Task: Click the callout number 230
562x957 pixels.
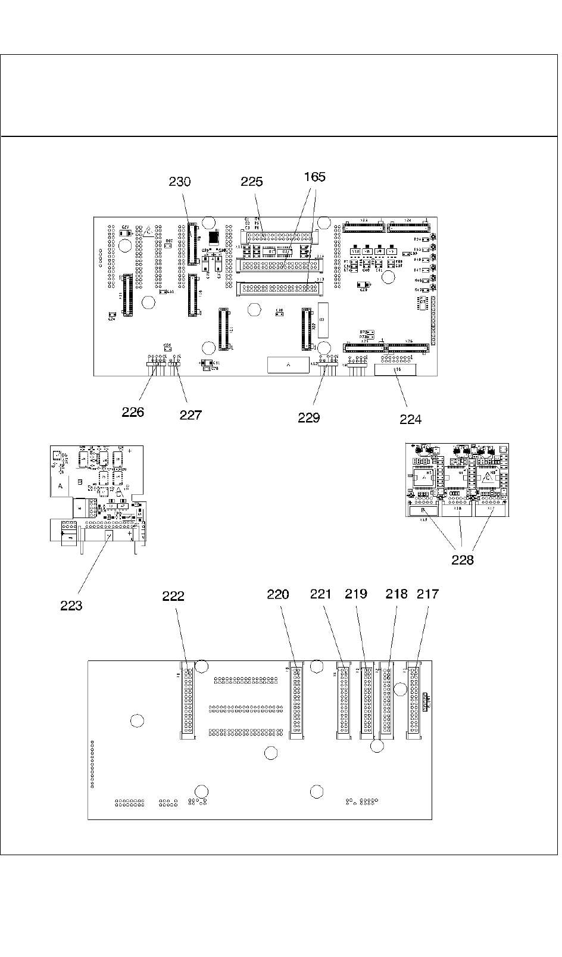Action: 180,182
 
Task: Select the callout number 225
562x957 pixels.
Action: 252,182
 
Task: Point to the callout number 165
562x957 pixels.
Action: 315,177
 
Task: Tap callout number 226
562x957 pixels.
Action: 133,412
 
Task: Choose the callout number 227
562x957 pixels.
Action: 191,415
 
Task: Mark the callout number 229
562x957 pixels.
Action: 309,417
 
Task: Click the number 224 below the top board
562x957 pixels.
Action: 410,419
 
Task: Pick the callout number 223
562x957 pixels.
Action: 71,606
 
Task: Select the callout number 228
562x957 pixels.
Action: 463,560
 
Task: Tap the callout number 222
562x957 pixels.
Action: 173,596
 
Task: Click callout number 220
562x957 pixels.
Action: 278,594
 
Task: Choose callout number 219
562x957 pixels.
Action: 356,594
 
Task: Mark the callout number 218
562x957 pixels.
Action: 396,594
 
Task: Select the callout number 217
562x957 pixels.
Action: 427,594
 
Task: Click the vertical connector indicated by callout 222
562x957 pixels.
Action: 188,700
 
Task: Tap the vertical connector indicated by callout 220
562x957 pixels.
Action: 296,700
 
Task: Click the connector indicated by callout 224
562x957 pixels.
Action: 395,370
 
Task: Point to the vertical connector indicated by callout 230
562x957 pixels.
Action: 192,244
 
